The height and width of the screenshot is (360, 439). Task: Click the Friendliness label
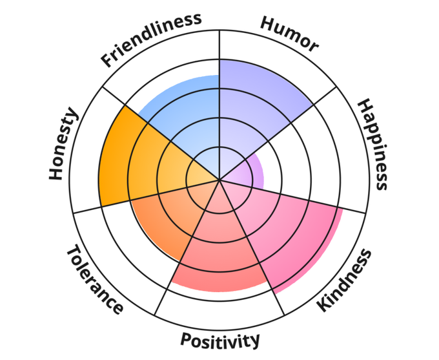151,39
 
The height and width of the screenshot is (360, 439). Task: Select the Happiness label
374,144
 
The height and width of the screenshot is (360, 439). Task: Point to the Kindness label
345,280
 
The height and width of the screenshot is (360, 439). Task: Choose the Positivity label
220,339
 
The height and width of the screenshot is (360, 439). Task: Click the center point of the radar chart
220,180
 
